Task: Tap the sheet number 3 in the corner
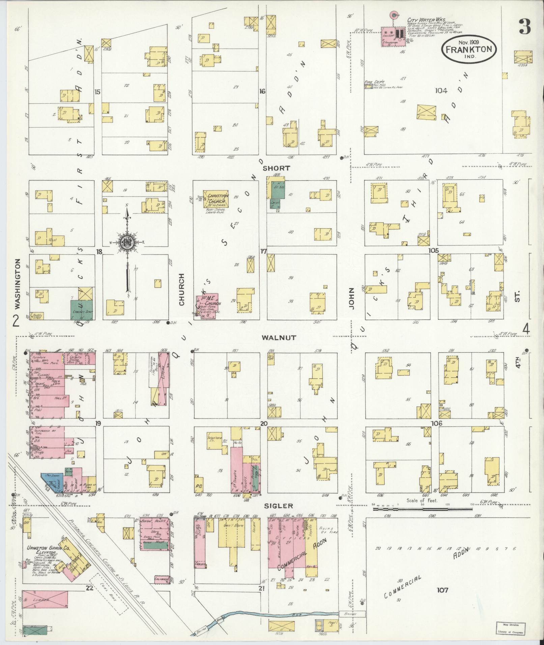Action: pos(525,27)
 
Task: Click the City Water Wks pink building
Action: pos(393,36)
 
